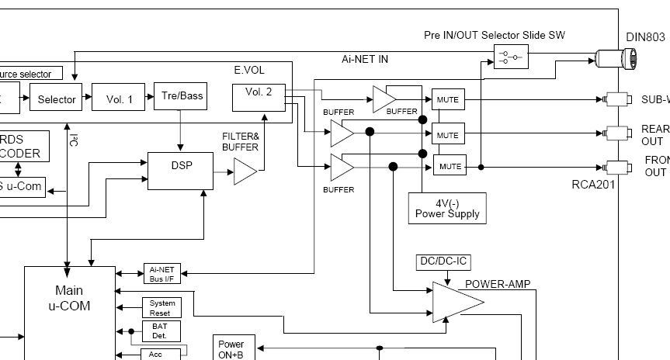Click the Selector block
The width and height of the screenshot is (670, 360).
[57, 99]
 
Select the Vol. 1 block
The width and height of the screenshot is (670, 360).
[119, 99]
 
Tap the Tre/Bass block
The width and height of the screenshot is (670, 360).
[182, 95]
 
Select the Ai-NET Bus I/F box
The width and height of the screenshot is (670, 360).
[161, 273]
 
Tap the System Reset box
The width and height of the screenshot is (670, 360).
[161, 307]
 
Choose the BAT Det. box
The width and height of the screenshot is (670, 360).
[161, 332]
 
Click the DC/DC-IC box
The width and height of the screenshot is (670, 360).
[443, 262]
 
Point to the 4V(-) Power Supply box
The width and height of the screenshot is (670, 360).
[447, 209]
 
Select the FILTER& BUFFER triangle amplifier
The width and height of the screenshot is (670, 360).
[245, 171]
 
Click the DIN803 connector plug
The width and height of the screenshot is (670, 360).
[617, 57]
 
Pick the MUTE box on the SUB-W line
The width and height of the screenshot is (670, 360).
[447, 99]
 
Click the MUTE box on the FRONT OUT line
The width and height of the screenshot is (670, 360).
[450, 166]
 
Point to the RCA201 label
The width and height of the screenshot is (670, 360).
[592, 185]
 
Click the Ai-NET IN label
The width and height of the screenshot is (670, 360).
[364, 59]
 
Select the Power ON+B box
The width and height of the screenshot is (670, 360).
[231, 349]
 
